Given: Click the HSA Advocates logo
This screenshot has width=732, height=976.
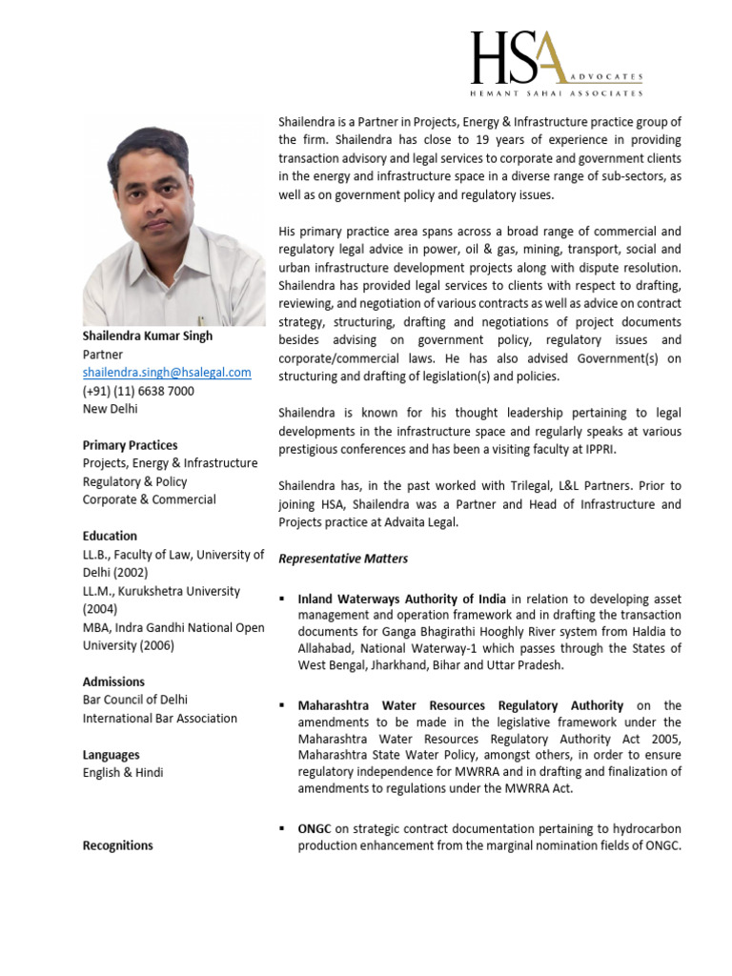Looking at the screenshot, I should coord(556,64).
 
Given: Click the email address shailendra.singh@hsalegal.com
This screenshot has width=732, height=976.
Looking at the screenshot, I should coord(167,373).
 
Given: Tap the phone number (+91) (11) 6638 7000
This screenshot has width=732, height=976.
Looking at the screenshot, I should coord(138,391).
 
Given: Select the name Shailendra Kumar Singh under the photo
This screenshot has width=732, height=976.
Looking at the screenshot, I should coord(148,335).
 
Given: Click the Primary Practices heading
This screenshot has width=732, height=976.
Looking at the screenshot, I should coord(130,445).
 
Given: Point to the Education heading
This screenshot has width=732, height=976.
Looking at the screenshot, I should coord(110,536).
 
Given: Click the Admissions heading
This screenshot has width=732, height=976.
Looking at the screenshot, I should coord(113,681).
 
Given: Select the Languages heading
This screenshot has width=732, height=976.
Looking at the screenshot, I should coord(111,755).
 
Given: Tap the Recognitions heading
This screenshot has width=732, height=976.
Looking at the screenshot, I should coord(117,845).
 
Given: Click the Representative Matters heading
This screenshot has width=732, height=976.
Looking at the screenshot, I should coord(343,559).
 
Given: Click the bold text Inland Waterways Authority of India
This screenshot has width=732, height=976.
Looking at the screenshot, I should coord(402,600).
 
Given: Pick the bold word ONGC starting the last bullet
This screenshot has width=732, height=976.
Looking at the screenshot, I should coord(315,828).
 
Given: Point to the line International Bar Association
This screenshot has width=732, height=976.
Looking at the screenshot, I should coord(160,719).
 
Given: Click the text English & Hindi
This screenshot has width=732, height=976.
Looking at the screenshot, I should coord(123,773).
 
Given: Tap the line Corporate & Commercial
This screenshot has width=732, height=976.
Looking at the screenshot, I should coord(149,499).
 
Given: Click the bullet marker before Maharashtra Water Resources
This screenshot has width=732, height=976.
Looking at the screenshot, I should coord(283,706).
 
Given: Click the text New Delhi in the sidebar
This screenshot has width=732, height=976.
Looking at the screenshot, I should coord(111,409).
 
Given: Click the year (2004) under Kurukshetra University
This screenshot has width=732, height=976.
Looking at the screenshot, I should coord(99,609).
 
